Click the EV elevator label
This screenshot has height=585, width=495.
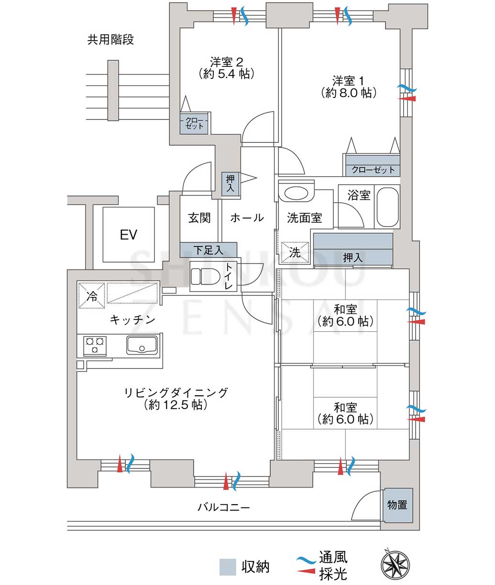129,235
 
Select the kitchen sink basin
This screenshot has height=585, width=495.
142,345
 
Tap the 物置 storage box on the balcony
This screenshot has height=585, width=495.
397,505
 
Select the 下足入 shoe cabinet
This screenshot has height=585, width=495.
209,250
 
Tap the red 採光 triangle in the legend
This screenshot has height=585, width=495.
306,571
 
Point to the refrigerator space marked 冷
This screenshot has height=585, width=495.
91,296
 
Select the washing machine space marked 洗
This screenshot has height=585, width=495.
295,252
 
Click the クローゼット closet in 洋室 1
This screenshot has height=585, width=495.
373,165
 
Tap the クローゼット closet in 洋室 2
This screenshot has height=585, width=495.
195,124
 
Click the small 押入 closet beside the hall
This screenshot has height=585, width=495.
231,184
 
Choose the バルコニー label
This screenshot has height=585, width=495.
223,508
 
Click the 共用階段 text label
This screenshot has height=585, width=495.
110,40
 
